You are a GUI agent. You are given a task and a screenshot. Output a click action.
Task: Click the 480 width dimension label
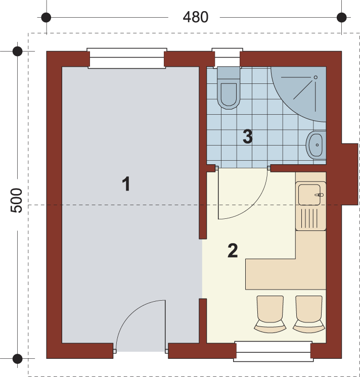pyautogui.click(x=196, y=17)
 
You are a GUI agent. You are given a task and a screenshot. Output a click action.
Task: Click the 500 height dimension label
pyautogui.click(x=17, y=200)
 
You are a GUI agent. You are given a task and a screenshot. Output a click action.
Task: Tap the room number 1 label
pyautogui.click(x=126, y=183)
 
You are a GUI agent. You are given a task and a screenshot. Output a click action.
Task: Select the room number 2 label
pyautogui.click(x=233, y=251)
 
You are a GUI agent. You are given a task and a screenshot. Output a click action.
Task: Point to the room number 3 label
pyautogui.click(x=248, y=136)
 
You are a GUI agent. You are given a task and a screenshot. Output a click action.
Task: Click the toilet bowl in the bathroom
pyautogui.click(x=229, y=88)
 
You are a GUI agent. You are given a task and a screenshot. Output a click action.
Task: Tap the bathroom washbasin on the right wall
pyautogui.click(x=316, y=145)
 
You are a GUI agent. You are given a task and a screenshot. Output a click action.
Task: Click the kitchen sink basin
pyautogui.click(x=309, y=195)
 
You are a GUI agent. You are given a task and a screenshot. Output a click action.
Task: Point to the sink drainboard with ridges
pyautogui.click(x=311, y=218)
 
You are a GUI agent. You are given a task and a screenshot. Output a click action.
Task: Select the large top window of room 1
pyautogui.click(x=127, y=59)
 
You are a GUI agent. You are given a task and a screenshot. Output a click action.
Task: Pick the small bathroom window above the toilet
pyautogui.click(x=227, y=58)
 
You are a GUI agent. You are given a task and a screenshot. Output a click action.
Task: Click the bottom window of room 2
pyautogui.click(x=274, y=351)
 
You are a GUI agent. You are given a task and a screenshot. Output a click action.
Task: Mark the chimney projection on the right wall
pyautogui.click(x=350, y=174)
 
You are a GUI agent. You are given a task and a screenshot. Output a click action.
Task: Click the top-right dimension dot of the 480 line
pyautogui.click(x=341, y=18)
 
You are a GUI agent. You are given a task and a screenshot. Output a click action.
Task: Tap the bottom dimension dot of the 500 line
pyautogui.click(x=17, y=358)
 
